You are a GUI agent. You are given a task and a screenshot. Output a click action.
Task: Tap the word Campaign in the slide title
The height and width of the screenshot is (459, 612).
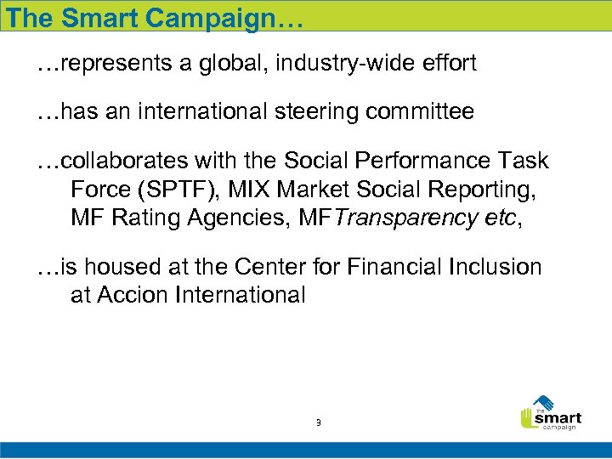[211, 18]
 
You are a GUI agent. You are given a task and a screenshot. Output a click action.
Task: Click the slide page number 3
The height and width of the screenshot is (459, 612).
[318, 422]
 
